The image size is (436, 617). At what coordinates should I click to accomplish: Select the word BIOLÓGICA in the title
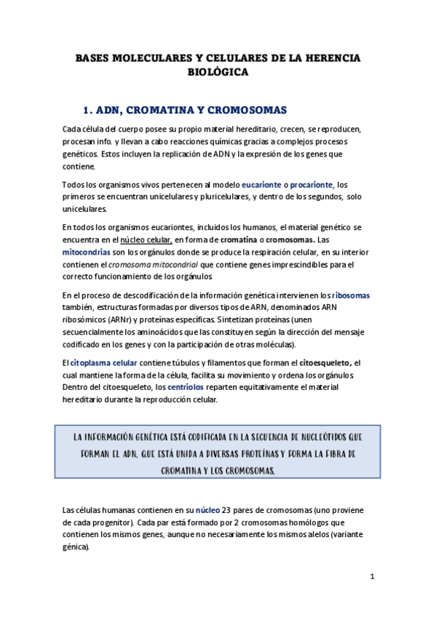[218, 72]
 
